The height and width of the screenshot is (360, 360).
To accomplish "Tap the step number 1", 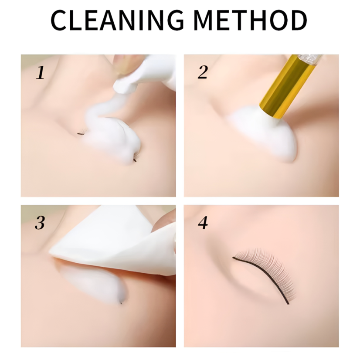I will [x=40, y=73].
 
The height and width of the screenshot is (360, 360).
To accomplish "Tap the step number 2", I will [x=203, y=73].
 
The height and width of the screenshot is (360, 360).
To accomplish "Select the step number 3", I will [x=40, y=223].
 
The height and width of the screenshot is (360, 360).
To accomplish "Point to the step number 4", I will [x=203, y=223].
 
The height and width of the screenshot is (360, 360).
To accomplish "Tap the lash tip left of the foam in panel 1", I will [x=81, y=133].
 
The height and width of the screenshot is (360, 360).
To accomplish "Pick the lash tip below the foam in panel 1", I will [x=135, y=160].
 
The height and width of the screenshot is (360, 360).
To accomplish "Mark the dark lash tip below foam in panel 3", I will [x=121, y=302].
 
